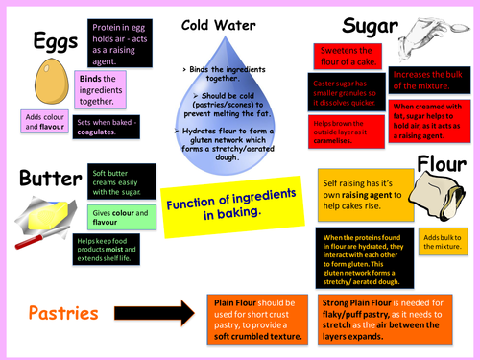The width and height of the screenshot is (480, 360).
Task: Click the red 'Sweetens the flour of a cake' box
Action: tap(343, 56)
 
